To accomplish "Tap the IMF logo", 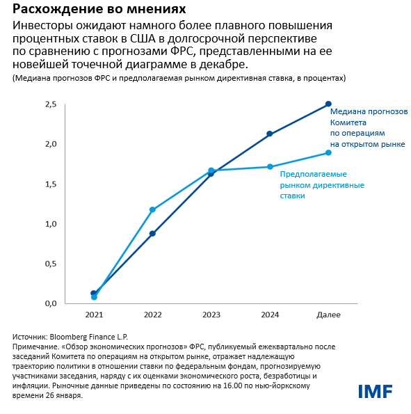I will click(376, 392).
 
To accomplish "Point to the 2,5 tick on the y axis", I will click(49, 104).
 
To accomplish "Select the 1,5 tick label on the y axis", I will click(49, 184).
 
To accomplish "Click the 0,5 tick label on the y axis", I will click(49, 264).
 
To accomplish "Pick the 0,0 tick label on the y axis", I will click(49, 304).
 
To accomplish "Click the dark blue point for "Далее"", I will click(328, 104).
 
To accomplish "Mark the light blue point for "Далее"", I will click(328, 152).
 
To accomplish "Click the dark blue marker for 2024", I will click(270, 134).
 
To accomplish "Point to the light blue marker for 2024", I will click(270, 167).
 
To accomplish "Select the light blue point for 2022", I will click(152, 209).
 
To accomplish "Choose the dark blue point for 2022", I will click(152, 234).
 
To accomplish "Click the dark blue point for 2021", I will click(94, 293).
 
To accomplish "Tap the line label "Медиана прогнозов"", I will click(369, 111).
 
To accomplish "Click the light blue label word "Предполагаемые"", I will click(313, 174).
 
